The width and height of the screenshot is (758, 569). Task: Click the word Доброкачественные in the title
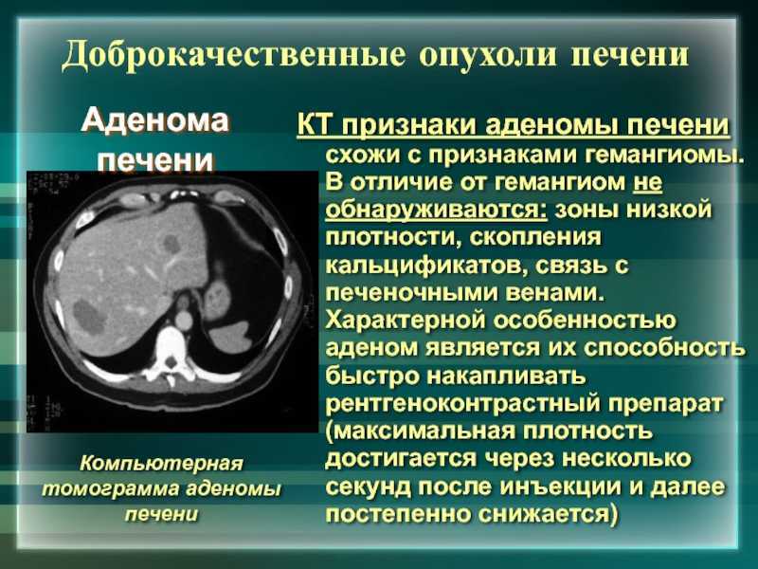[x=233, y=55]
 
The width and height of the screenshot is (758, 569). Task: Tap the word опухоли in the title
[x=488, y=56]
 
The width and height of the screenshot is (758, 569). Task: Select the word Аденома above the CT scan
[x=154, y=121]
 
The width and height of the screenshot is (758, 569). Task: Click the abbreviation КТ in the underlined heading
[x=316, y=126]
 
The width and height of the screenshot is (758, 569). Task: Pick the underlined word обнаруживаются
[x=437, y=211]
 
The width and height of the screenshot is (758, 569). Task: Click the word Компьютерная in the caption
[x=161, y=464]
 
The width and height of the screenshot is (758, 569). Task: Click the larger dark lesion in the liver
[x=89, y=317]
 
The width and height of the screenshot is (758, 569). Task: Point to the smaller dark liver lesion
[x=171, y=244]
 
